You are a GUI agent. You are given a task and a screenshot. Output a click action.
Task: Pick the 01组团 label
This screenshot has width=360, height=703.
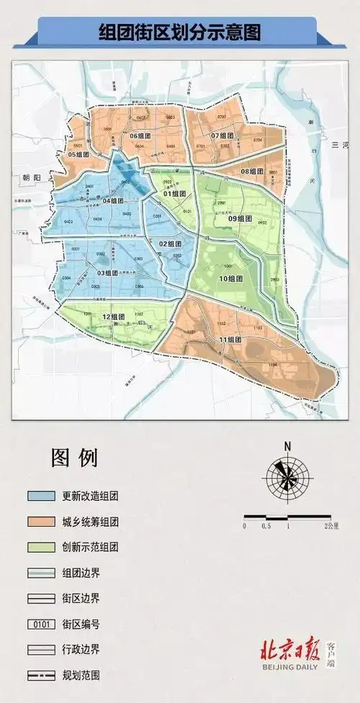[x=175, y=194]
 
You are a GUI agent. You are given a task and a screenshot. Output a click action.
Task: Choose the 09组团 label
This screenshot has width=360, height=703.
[x=239, y=219]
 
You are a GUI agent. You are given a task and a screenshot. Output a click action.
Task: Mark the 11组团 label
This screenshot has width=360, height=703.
[x=232, y=340]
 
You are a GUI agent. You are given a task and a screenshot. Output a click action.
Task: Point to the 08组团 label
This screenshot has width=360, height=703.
[x=252, y=171]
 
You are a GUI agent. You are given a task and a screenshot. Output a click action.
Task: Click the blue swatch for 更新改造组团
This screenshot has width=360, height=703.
[x=43, y=496]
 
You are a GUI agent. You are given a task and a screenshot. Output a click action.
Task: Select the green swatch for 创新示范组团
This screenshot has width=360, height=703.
[x=43, y=547]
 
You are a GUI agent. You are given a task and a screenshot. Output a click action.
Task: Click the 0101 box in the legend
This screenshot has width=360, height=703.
[x=43, y=623]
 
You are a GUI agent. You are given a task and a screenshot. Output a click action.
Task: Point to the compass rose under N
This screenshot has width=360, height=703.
[x=287, y=479]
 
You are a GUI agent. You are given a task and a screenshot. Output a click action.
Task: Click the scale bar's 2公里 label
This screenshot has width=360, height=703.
[x=332, y=527]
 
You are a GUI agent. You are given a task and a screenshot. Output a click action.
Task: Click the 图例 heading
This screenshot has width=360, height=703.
[x=74, y=457]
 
